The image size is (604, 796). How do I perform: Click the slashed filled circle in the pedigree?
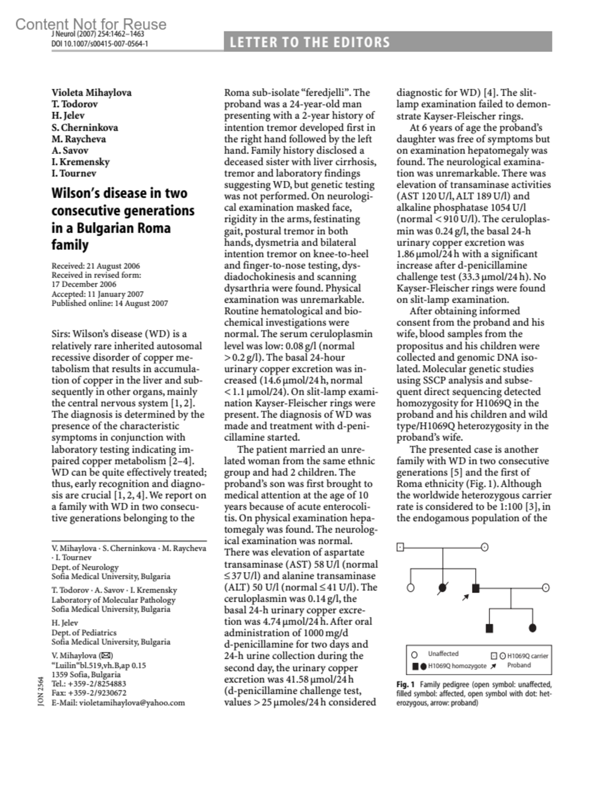point(443,587)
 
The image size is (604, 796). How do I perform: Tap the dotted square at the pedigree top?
point(400,547)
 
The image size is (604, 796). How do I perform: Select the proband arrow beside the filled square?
point(466,597)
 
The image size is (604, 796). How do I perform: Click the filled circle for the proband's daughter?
point(533,628)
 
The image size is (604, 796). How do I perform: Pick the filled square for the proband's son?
point(489,628)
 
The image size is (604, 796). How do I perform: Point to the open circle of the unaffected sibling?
point(410,587)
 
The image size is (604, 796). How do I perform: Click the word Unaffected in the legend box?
point(443,654)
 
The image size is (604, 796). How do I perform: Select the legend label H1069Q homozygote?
point(457,666)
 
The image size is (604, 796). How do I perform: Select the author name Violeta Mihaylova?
point(91,93)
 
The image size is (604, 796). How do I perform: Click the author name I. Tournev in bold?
point(73,173)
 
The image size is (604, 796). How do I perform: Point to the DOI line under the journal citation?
point(100,44)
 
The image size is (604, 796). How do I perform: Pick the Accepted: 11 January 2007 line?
point(97,294)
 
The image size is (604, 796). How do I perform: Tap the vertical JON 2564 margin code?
point(41,692)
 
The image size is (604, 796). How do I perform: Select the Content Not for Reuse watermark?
point(91,24)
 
